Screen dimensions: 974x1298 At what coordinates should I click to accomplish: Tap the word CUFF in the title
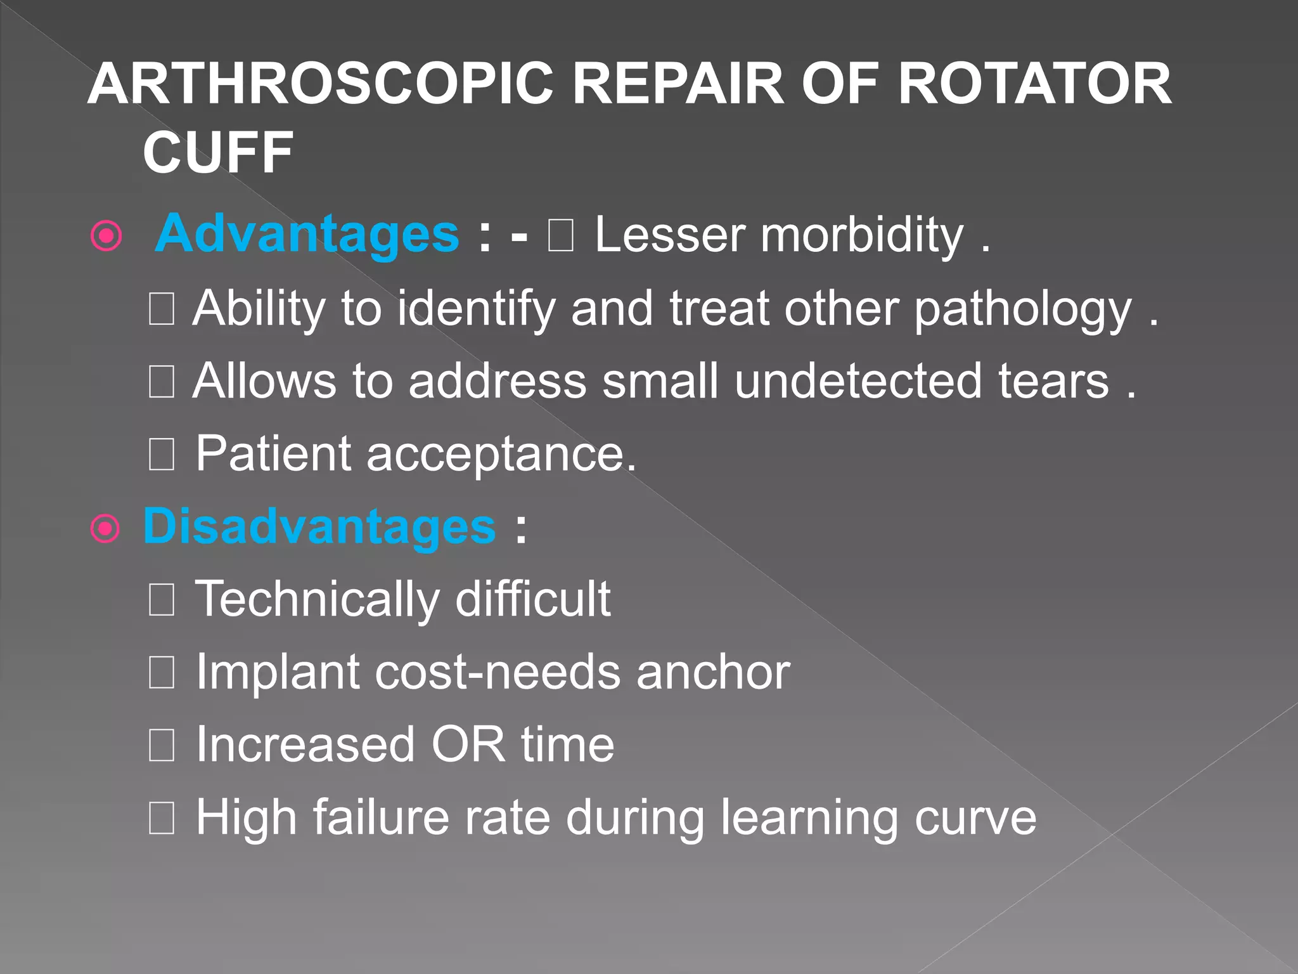(217, 152)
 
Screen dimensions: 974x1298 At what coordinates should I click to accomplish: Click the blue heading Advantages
(307, 233)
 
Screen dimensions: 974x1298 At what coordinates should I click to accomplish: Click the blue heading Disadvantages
(319, 526)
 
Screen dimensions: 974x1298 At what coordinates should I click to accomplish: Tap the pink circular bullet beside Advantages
(106, 237)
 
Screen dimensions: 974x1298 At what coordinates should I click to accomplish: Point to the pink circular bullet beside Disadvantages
(105, 528)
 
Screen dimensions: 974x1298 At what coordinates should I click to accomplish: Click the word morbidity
(862, 236)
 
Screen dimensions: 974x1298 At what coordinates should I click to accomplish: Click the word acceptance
(501, 454)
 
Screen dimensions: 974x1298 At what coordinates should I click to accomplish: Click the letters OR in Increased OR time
(468, 744)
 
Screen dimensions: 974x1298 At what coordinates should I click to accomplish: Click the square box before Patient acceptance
(162, 455)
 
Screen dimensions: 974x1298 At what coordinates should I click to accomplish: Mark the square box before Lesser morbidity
(561, 236)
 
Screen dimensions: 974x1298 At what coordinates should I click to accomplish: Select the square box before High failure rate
(162, 818)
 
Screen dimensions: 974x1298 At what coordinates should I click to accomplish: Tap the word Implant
(278, 672)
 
